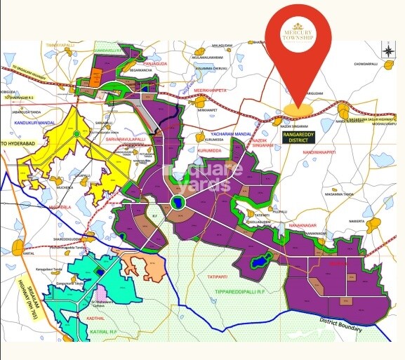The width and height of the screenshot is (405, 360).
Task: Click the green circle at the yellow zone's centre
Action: pos(76,133)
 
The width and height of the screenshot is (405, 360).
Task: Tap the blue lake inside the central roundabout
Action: pos(177,202)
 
